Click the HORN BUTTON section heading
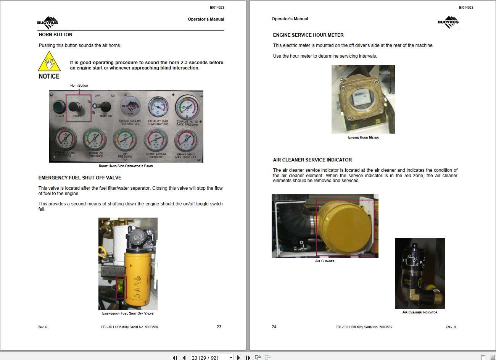click(x=55, y=35)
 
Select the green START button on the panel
click(x=59, y=106)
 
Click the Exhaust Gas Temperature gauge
click(x=158, y=108)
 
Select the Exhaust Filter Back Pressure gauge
click(x=187, y=108)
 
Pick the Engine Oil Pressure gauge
click(x=95, y=140)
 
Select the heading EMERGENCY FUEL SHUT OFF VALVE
click(x=80, y=178)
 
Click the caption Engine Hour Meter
click(x=363, y=137)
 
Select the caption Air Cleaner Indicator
click(x=420, y=312)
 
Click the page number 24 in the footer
click(x=274, y=327)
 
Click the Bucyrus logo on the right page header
click(x=448, y=23)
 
